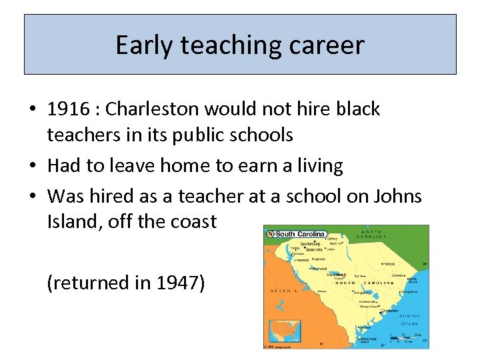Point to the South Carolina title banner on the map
pos(296,234)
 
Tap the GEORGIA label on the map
pos(283,291)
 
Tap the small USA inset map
pos(284,331)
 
